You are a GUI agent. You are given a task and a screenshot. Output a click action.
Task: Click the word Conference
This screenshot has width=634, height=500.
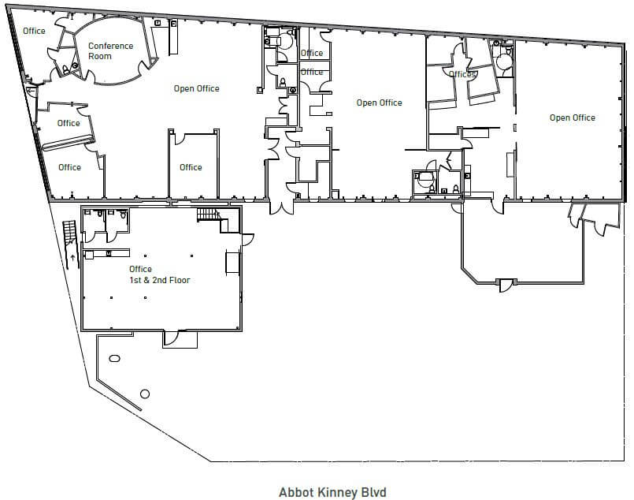tap(111, 46)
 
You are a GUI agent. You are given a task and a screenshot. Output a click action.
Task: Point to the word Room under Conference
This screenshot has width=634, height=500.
tap(100, 56)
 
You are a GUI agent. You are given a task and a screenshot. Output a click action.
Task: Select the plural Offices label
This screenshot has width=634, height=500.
tap(462, 74)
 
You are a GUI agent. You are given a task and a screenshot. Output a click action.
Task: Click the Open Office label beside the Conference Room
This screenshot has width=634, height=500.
tap(197, 88)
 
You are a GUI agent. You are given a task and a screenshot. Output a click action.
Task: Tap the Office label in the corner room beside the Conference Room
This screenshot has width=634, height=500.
tap(34, 31)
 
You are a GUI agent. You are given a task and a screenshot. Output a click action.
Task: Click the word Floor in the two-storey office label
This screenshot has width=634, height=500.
tap(180, 280)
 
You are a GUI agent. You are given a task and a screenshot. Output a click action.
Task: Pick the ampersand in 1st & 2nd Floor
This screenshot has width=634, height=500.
tap(146, 280)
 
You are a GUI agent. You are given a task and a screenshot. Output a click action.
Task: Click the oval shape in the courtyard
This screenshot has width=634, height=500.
tap(114, 358)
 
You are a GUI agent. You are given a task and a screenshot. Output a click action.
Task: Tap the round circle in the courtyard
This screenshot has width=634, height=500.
tap(144, 394)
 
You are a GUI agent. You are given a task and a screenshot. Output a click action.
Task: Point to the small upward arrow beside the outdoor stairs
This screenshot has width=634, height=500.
tap(72, 257)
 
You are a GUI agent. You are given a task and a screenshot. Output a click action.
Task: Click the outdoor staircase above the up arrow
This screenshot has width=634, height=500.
tap(69, 232)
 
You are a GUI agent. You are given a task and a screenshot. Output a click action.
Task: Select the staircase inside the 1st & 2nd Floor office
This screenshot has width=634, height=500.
tap(209, 215)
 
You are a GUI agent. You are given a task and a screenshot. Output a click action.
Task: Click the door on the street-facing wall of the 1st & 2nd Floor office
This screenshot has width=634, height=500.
tap(171, 338)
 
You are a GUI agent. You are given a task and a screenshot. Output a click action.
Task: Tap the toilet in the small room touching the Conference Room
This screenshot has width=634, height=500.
tap(65, 69)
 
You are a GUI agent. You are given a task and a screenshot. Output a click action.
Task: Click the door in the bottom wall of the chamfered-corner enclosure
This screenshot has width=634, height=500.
tap(505, 285)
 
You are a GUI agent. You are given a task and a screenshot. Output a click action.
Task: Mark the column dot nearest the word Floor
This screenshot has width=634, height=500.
tap(191, 256)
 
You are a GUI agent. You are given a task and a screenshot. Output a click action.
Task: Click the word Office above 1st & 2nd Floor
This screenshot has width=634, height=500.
tap(140, 269)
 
